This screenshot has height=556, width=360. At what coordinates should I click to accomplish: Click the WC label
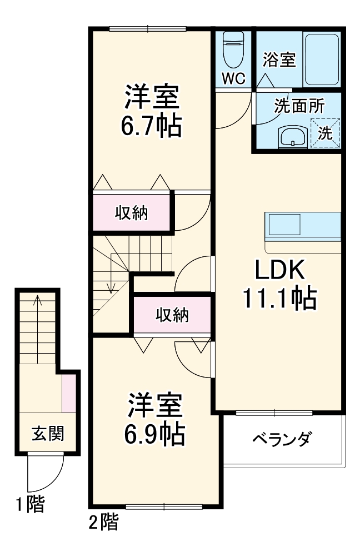[234, 79]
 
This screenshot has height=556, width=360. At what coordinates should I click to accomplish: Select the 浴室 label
[279, 59]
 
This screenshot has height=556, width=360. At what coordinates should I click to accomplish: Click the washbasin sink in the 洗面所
[292, 135]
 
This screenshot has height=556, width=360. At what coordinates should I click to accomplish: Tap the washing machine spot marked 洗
[326, 133]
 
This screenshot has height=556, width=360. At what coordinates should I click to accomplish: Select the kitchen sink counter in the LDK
[303, 226]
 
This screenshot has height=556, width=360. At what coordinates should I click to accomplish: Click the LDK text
[279, 271]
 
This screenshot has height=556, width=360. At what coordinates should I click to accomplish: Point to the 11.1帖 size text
[279, 299]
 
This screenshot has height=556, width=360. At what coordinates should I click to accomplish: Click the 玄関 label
[47, 433]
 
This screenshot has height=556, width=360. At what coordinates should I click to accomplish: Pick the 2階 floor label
[103, 522]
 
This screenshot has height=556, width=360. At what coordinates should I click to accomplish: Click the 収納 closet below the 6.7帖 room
[132, 213]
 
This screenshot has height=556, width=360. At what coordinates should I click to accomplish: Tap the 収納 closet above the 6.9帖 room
[172, 315]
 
